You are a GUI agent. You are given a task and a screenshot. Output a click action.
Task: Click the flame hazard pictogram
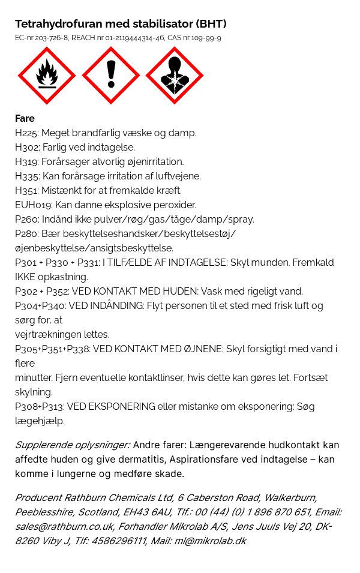pos(47,76)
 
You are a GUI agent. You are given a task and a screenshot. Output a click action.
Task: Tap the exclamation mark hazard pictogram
pos(110,76)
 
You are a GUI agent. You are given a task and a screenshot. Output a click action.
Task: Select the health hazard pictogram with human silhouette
pos(175,76)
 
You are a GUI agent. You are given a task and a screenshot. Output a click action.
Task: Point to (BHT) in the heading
pos(211,24)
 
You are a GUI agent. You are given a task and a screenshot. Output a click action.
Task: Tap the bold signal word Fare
pos(25,118)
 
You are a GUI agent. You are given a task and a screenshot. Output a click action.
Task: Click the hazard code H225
pos(26,133)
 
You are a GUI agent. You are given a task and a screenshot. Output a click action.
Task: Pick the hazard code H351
pos(26,190)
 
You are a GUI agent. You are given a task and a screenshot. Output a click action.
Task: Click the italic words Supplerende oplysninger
pos(72,445)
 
